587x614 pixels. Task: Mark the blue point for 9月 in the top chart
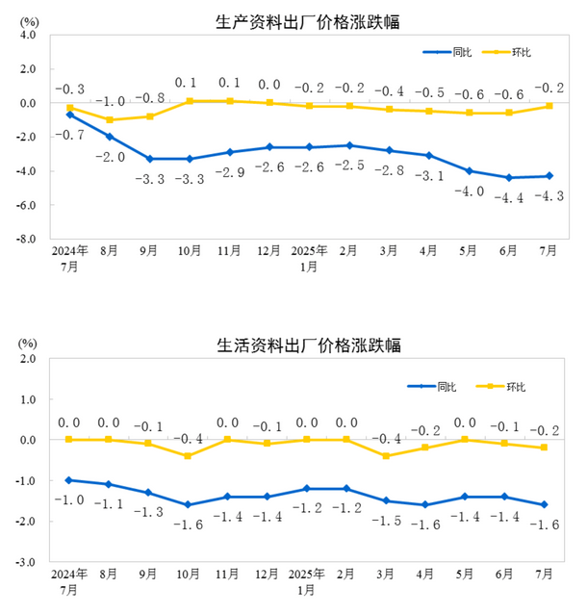pos(149,159)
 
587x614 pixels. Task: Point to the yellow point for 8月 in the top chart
pos(110,120)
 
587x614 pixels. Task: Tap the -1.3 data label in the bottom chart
pos(149,513)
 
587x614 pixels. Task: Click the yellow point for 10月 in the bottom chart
pos(189,456)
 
